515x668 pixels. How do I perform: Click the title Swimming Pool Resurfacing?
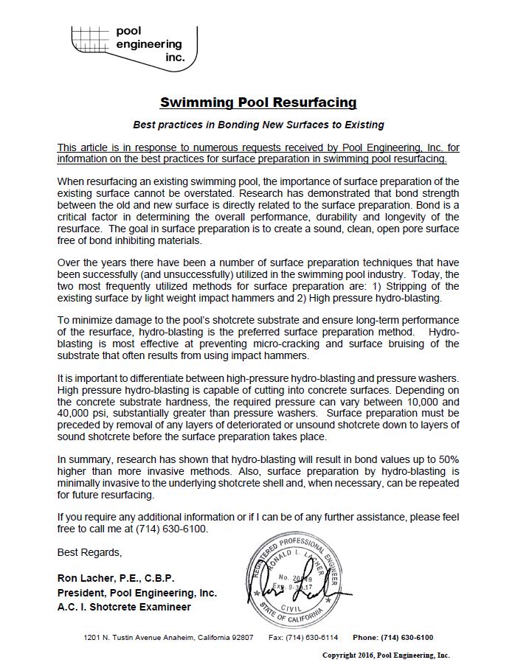point(258,102)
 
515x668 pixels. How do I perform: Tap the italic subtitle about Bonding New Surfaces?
point(258,125)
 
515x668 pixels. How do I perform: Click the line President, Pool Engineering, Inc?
point(137,592)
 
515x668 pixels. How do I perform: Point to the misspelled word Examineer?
point(163,607)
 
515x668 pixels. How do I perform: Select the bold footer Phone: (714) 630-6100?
point(393,637)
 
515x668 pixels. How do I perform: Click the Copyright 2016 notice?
point(386,655)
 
